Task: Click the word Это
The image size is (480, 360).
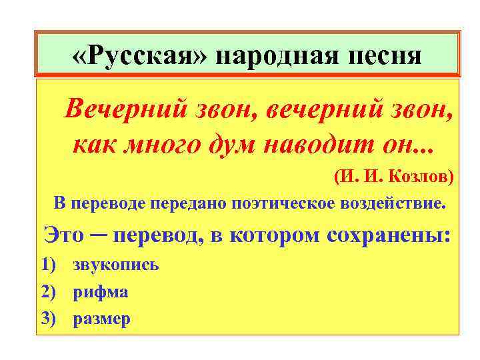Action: pos(65,235)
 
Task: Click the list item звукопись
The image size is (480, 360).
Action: pos(115,265)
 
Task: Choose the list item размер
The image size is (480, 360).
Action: pos(101,319)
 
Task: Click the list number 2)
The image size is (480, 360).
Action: pos(48,292)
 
